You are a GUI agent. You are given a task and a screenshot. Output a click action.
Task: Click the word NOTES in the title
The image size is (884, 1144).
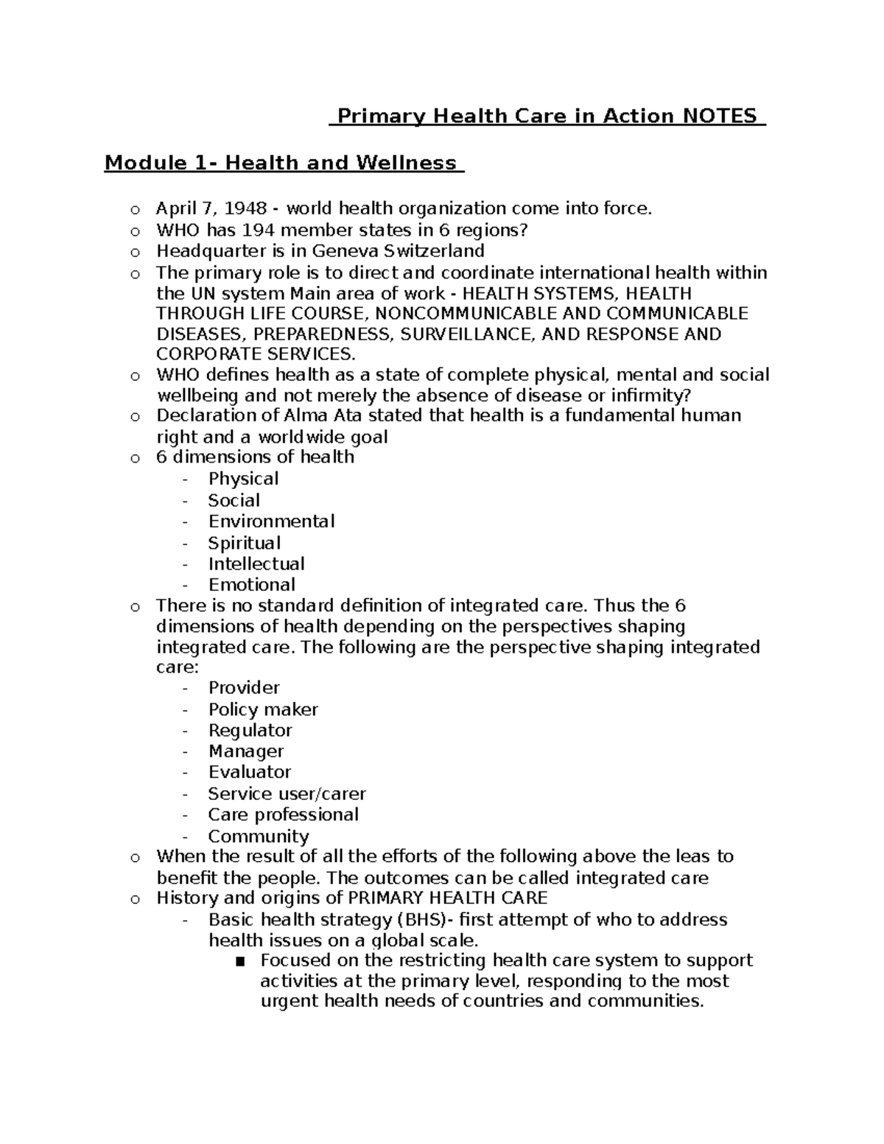pos(720,116)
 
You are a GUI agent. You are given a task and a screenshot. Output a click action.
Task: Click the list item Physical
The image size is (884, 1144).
pos(243,479)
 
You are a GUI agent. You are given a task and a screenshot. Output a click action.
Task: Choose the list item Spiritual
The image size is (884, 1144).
pos(244,543)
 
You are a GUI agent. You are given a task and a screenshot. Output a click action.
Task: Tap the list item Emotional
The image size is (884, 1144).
pos(251,585)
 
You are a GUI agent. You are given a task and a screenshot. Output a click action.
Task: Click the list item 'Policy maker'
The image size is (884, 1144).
pos(263,710)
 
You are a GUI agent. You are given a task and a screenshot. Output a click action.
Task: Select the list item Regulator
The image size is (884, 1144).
pos(250,731)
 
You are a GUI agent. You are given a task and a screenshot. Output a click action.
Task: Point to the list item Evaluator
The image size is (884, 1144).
pos(249,772)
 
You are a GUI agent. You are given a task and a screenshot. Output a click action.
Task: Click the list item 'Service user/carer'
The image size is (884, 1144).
pos(287,794)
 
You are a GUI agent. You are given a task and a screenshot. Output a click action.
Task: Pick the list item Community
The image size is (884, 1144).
pos(258,837)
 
